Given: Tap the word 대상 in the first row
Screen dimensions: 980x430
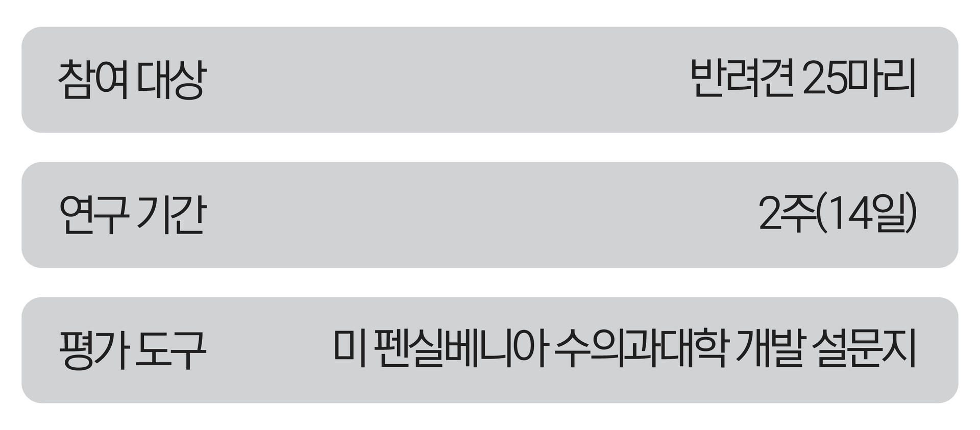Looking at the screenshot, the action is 171,80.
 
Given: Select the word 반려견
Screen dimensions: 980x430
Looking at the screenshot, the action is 743,80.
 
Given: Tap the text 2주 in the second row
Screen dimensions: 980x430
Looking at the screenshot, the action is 787,215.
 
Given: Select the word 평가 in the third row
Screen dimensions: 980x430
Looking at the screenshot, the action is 93,350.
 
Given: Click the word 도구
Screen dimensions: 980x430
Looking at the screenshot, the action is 171,350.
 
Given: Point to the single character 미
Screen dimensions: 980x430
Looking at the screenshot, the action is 350,350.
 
